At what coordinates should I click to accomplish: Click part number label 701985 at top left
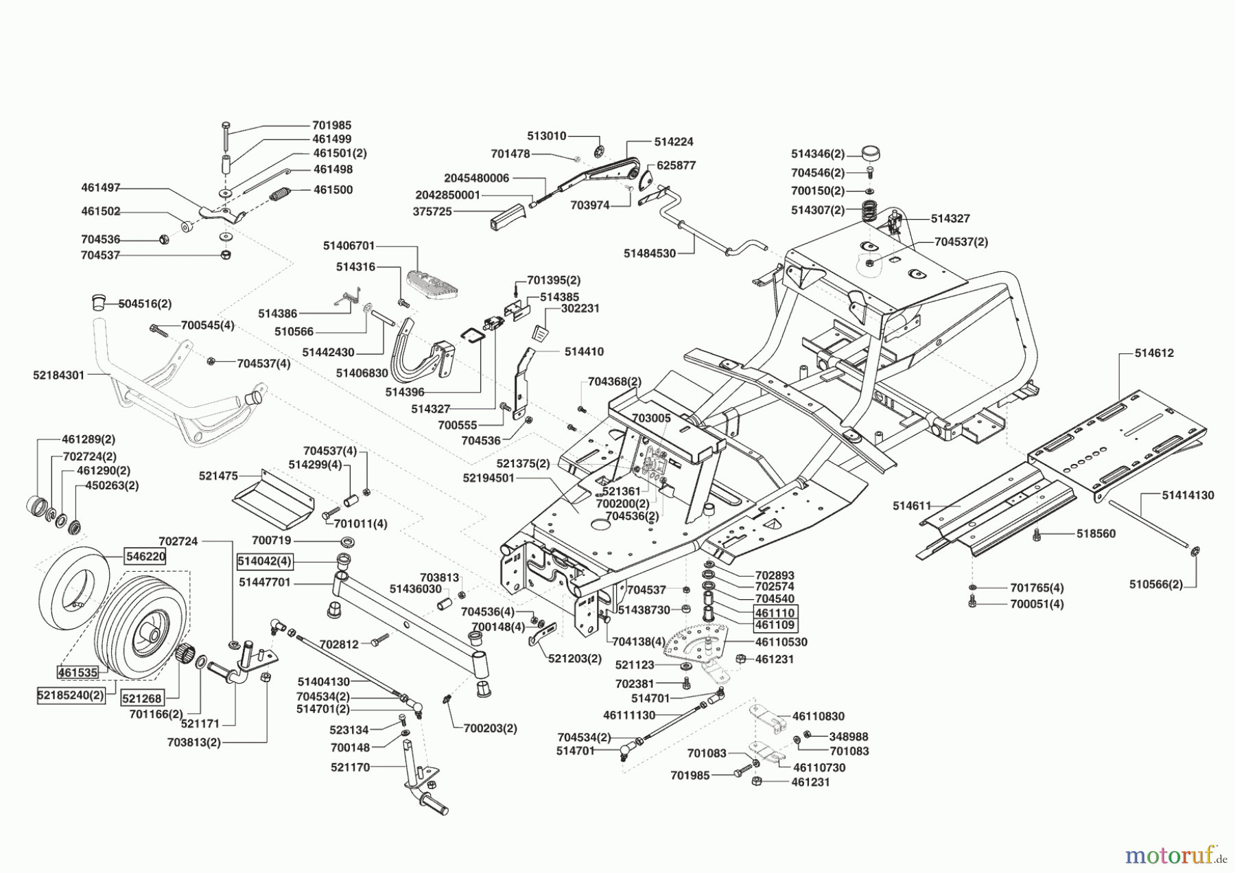tap(331, 125)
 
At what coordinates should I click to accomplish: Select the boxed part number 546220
tap(145, 556)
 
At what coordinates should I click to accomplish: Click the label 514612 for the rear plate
tap(1153, 353)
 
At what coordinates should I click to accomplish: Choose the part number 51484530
tap(649, 253)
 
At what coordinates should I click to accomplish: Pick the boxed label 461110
tap(775, 612)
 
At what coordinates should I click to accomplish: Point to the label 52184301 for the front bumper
tap(58, 375)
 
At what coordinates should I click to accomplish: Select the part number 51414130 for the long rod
tap(1188, 495)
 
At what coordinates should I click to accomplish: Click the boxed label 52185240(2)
tap(70, 695)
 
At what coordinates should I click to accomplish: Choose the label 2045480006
tap(476, 178)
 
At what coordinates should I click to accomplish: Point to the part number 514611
tap(911, 506)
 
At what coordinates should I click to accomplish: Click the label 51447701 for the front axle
tap(265, 582)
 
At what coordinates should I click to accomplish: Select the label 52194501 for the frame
tap(489, 478)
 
